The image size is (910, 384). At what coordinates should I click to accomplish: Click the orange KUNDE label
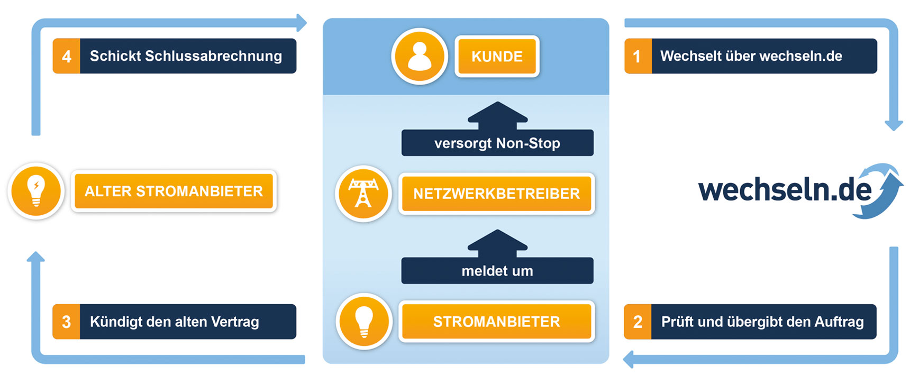point(497,57)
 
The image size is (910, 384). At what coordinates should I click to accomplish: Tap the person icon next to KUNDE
point(420,56)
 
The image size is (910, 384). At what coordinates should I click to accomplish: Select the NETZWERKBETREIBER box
point(496,194)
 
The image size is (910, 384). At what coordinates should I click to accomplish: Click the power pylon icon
point(363,193)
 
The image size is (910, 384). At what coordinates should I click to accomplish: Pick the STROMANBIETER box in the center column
point(496,322)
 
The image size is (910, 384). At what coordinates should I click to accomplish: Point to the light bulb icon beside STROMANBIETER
point(364,321)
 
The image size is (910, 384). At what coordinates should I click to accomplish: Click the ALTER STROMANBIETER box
point(174,191)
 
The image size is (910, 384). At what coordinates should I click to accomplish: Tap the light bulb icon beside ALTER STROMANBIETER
point(36,191)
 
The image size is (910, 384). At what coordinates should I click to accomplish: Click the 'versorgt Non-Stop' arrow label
point(497,143)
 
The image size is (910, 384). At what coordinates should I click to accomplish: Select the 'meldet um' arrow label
point(497,271)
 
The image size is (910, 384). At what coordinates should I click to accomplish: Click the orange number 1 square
point(638,56)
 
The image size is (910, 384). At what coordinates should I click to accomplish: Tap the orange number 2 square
point(638,322)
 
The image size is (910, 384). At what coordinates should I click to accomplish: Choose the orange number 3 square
point(66,322)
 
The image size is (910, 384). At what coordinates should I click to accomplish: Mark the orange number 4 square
point(66,56)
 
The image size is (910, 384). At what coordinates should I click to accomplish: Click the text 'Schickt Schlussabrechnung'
point(186,56)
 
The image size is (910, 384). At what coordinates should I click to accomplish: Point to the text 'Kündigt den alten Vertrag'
point(175,322)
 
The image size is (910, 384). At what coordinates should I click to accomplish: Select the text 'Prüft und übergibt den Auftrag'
point(762,322)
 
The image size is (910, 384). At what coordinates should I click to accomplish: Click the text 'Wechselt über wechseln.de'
point(751,56)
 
